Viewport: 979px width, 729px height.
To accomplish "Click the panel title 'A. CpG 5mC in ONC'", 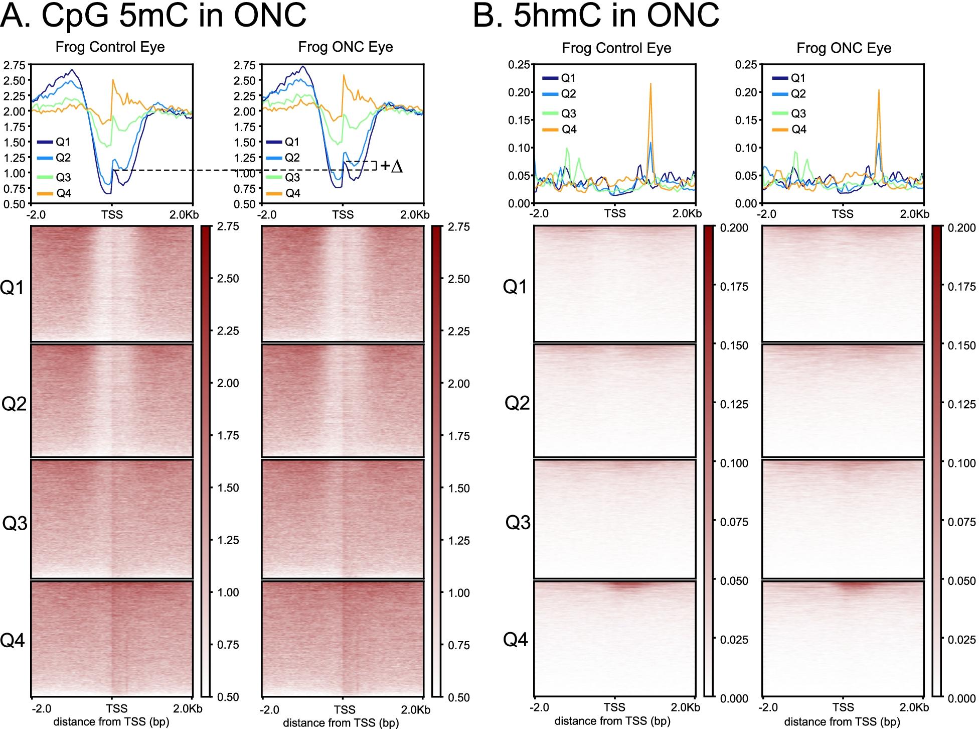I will tap(153, 16).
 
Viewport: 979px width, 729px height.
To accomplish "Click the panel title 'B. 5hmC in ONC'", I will tap(596, 16).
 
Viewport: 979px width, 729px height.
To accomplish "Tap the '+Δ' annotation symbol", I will tap(392, 166).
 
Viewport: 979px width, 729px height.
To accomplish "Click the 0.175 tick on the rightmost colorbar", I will tap(962, 287).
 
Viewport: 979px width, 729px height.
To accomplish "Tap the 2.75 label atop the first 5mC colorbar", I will tap(228, 227).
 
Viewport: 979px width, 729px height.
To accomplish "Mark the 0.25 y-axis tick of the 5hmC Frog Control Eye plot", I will tap(519, 65).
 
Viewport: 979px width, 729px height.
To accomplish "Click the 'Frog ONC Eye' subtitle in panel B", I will tap(844, 48).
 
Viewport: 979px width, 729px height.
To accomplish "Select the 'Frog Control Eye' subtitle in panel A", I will tap(110, 47).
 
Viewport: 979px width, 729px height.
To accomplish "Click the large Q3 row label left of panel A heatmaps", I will tap(15, 523).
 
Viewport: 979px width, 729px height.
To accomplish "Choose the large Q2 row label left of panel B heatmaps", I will tap(517, 403).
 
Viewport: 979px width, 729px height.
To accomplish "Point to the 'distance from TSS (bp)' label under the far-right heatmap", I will tap(842, 722).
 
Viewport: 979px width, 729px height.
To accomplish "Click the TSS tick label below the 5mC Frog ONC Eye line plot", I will tap(343, 215).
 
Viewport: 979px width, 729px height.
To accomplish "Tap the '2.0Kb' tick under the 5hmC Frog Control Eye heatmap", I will tap(686, 707).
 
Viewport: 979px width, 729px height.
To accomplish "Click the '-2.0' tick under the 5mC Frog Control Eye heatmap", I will tap(41, 709).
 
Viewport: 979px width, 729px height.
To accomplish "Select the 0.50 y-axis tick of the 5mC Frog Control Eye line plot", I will tap(14, 204).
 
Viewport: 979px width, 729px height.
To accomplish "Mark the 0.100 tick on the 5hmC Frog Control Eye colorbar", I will tap(734, 463).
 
